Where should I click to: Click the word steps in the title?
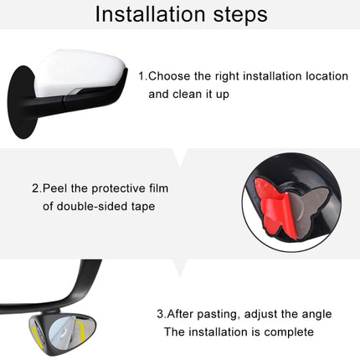[x=235, y=14]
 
